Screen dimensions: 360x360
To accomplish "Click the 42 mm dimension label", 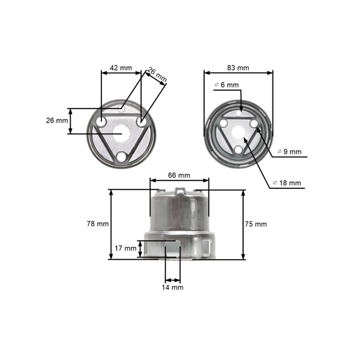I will (x=121, y=68).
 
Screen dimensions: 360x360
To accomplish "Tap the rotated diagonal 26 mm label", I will (x=157, y=76).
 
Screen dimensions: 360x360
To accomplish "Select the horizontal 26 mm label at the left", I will (x=57, y=121).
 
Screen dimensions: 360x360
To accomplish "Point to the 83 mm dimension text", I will (x=239, y=68).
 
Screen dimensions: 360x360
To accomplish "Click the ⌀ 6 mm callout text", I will (x=226, y=85).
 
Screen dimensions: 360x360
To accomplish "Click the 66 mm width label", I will (x=179, y=175).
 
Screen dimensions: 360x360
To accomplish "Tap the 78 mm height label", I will (x=98, y=224).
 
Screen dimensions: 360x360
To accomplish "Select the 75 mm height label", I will (x=256, y=224).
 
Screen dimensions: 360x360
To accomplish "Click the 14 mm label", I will (x=173, y=287).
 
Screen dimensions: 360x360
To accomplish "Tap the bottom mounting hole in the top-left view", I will (x=122, y=157).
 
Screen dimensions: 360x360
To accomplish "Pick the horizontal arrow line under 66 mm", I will (x=179, y=179).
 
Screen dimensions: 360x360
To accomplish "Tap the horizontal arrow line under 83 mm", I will (x=239, y=72).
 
